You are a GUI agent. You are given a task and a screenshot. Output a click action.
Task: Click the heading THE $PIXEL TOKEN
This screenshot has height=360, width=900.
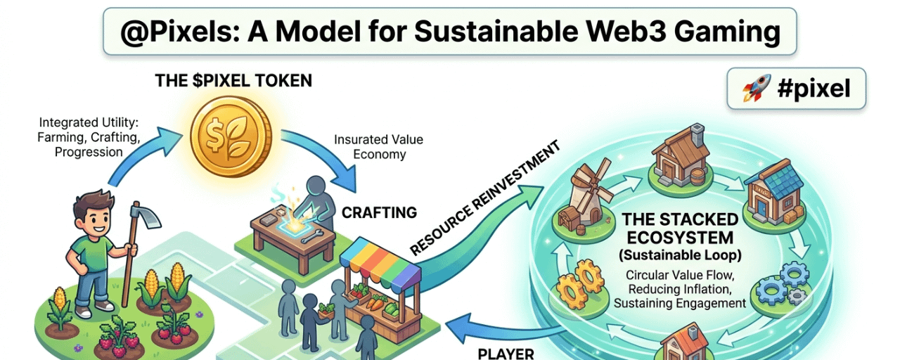click(233, 80)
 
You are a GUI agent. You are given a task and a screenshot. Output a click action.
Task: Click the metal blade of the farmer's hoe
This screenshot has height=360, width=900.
click(141, 219)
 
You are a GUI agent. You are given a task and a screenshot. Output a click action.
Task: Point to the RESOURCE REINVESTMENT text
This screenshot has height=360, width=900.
click(484, 198)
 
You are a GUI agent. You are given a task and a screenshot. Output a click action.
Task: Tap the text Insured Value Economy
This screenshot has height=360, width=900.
click(378, 147)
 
